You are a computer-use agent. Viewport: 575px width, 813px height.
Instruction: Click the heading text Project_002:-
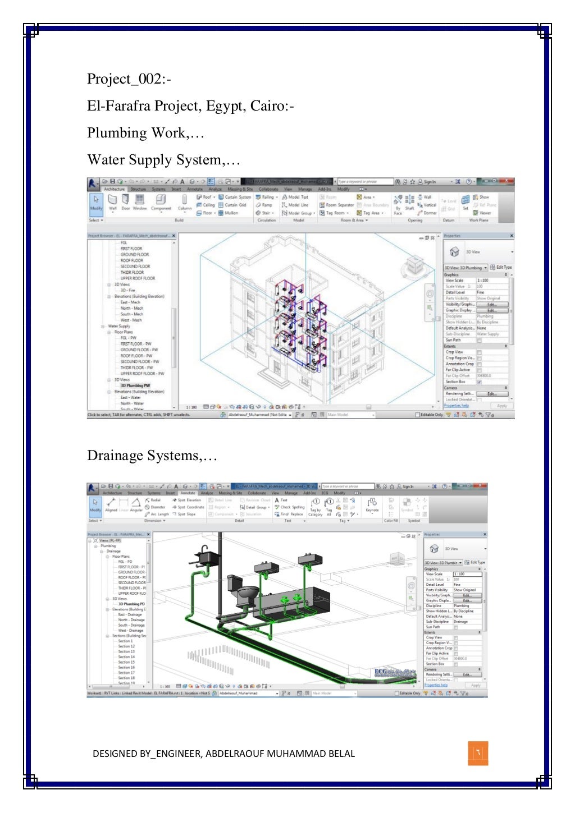pos(129,79)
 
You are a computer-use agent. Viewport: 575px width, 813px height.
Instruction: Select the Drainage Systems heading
pos(152,456)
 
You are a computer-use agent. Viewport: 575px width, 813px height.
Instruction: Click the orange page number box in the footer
pos(478,753)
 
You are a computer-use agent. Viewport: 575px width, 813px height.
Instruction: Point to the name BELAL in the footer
pos(341,754)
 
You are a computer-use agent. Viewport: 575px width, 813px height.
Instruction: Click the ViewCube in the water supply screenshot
pos(415,264)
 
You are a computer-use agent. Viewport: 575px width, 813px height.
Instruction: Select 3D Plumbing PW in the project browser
pos(135,385)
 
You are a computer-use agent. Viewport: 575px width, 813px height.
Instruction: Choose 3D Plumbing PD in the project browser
pos(131,604)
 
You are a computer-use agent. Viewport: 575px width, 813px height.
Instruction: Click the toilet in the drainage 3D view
pos(247,594)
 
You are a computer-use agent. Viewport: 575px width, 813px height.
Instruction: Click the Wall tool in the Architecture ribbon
pos(112,201)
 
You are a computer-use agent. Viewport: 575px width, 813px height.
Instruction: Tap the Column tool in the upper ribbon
pos(184,201)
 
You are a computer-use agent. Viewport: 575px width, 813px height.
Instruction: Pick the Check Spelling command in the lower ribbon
pos(292,507)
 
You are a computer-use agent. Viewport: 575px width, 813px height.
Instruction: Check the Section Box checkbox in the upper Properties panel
pos(479,382)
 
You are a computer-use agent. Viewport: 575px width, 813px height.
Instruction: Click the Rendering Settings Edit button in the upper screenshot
pos(491,393)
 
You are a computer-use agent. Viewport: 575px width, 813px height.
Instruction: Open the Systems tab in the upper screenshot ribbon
pos(158,189)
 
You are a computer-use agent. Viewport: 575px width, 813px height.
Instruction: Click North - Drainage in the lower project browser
pos(131,619)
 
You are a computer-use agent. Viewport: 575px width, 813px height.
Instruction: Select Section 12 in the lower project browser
pos(126,646)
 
